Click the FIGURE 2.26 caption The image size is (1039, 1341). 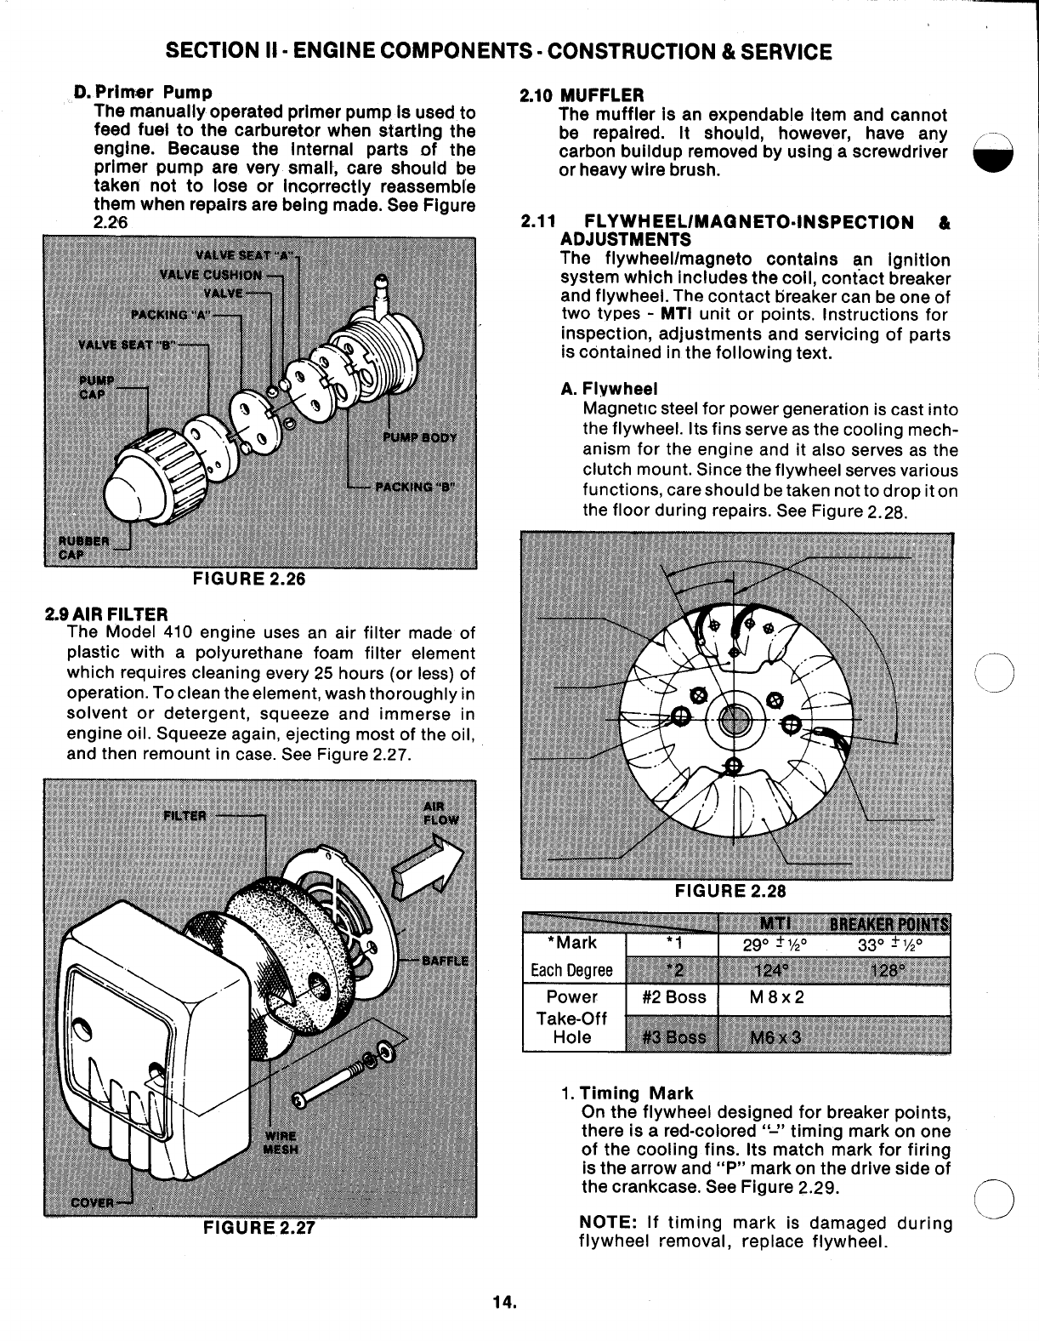pyautogui.click(x=248, y=579)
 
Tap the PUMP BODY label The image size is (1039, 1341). pyautogui.click(x=420, y=437)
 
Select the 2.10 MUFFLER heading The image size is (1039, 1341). pyautogui.click(x=582, y=94)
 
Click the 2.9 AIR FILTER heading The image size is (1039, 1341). pyautogui.click(x=106, y=613)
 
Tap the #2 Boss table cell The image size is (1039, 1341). pyautogui.click(x=671, y=997)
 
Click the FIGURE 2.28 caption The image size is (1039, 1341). pyautogui.click(x=730, y=891)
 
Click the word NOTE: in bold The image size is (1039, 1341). pyautogui.click(x=608, y=1223)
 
